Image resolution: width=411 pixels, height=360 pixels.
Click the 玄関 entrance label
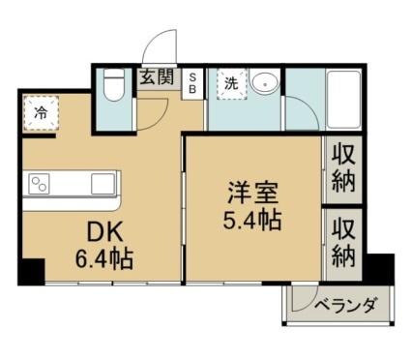pyautogui.click(x=157, y=77)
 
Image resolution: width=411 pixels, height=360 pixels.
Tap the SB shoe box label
pyautogui.click(x=192, y=83)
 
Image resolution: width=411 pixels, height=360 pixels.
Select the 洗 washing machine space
pyautogui.click(x=232, y=84)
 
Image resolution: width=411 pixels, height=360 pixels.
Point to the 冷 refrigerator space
pyautogui.click(x=41, y=113)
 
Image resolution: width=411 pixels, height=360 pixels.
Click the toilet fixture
pyautogui.click(x=114, y=84)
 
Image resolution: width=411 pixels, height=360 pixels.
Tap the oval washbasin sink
pyautogui.click(x=265, y=83)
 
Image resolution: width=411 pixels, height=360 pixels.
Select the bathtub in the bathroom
pyautogui.click(x=343, y=100)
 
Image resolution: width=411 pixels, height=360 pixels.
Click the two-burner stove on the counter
pyautogui.click(x=40, y=184)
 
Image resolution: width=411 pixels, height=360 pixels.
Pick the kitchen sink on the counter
pyautogui.click(x=103, y=184)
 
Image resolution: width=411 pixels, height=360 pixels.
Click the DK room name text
pyautogui.click(x=105, y=233)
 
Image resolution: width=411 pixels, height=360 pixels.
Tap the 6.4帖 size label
pyautogui.click(x=104, y=258)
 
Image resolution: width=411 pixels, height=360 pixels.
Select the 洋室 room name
pyautogui.click(x=253, y=194)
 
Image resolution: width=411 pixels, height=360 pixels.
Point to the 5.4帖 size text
pyautogui.click(x=252, y=220)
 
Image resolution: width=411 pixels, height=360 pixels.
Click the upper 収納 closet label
pyautogui.click(x=343, y=168)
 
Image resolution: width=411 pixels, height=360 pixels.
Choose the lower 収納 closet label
pyautogui.click(x=343, y=243)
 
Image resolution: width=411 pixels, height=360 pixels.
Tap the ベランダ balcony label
pyautogui.click(x=345, y=305)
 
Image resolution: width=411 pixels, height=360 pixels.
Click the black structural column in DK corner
pyautogui.click(x=31, y=272)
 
